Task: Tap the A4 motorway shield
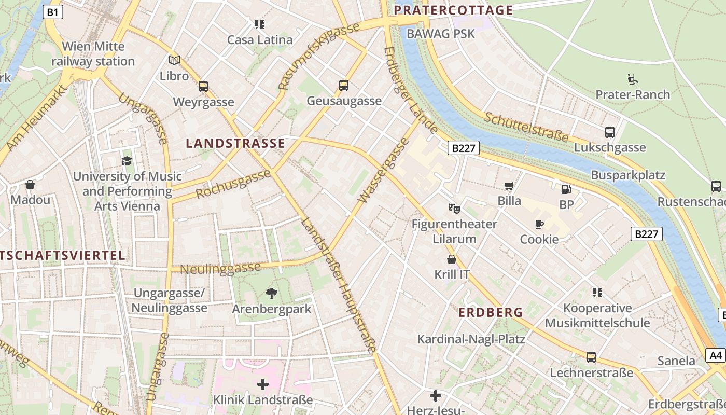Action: (716, 355)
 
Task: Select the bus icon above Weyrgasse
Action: (203, 87)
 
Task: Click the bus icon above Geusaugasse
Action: (343, 86)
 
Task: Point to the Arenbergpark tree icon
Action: (271, 294)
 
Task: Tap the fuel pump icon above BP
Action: (566, 189)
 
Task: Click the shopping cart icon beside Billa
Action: (509, 186)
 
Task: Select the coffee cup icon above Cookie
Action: (539, 224)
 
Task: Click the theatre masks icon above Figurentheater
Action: (454, 209)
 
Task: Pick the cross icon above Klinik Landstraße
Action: (263, 384)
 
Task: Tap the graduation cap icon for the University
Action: (127, 161)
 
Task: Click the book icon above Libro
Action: (174, 61)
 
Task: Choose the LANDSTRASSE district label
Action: (235, 144)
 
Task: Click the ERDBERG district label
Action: (491, 312)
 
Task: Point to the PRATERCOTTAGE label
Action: (453, 10)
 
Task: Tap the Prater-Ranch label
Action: (633, 94)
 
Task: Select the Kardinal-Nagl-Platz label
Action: (471, 339)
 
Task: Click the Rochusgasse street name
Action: (233, 184)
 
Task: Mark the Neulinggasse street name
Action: (220, 269)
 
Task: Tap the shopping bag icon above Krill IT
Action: (452, 259)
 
